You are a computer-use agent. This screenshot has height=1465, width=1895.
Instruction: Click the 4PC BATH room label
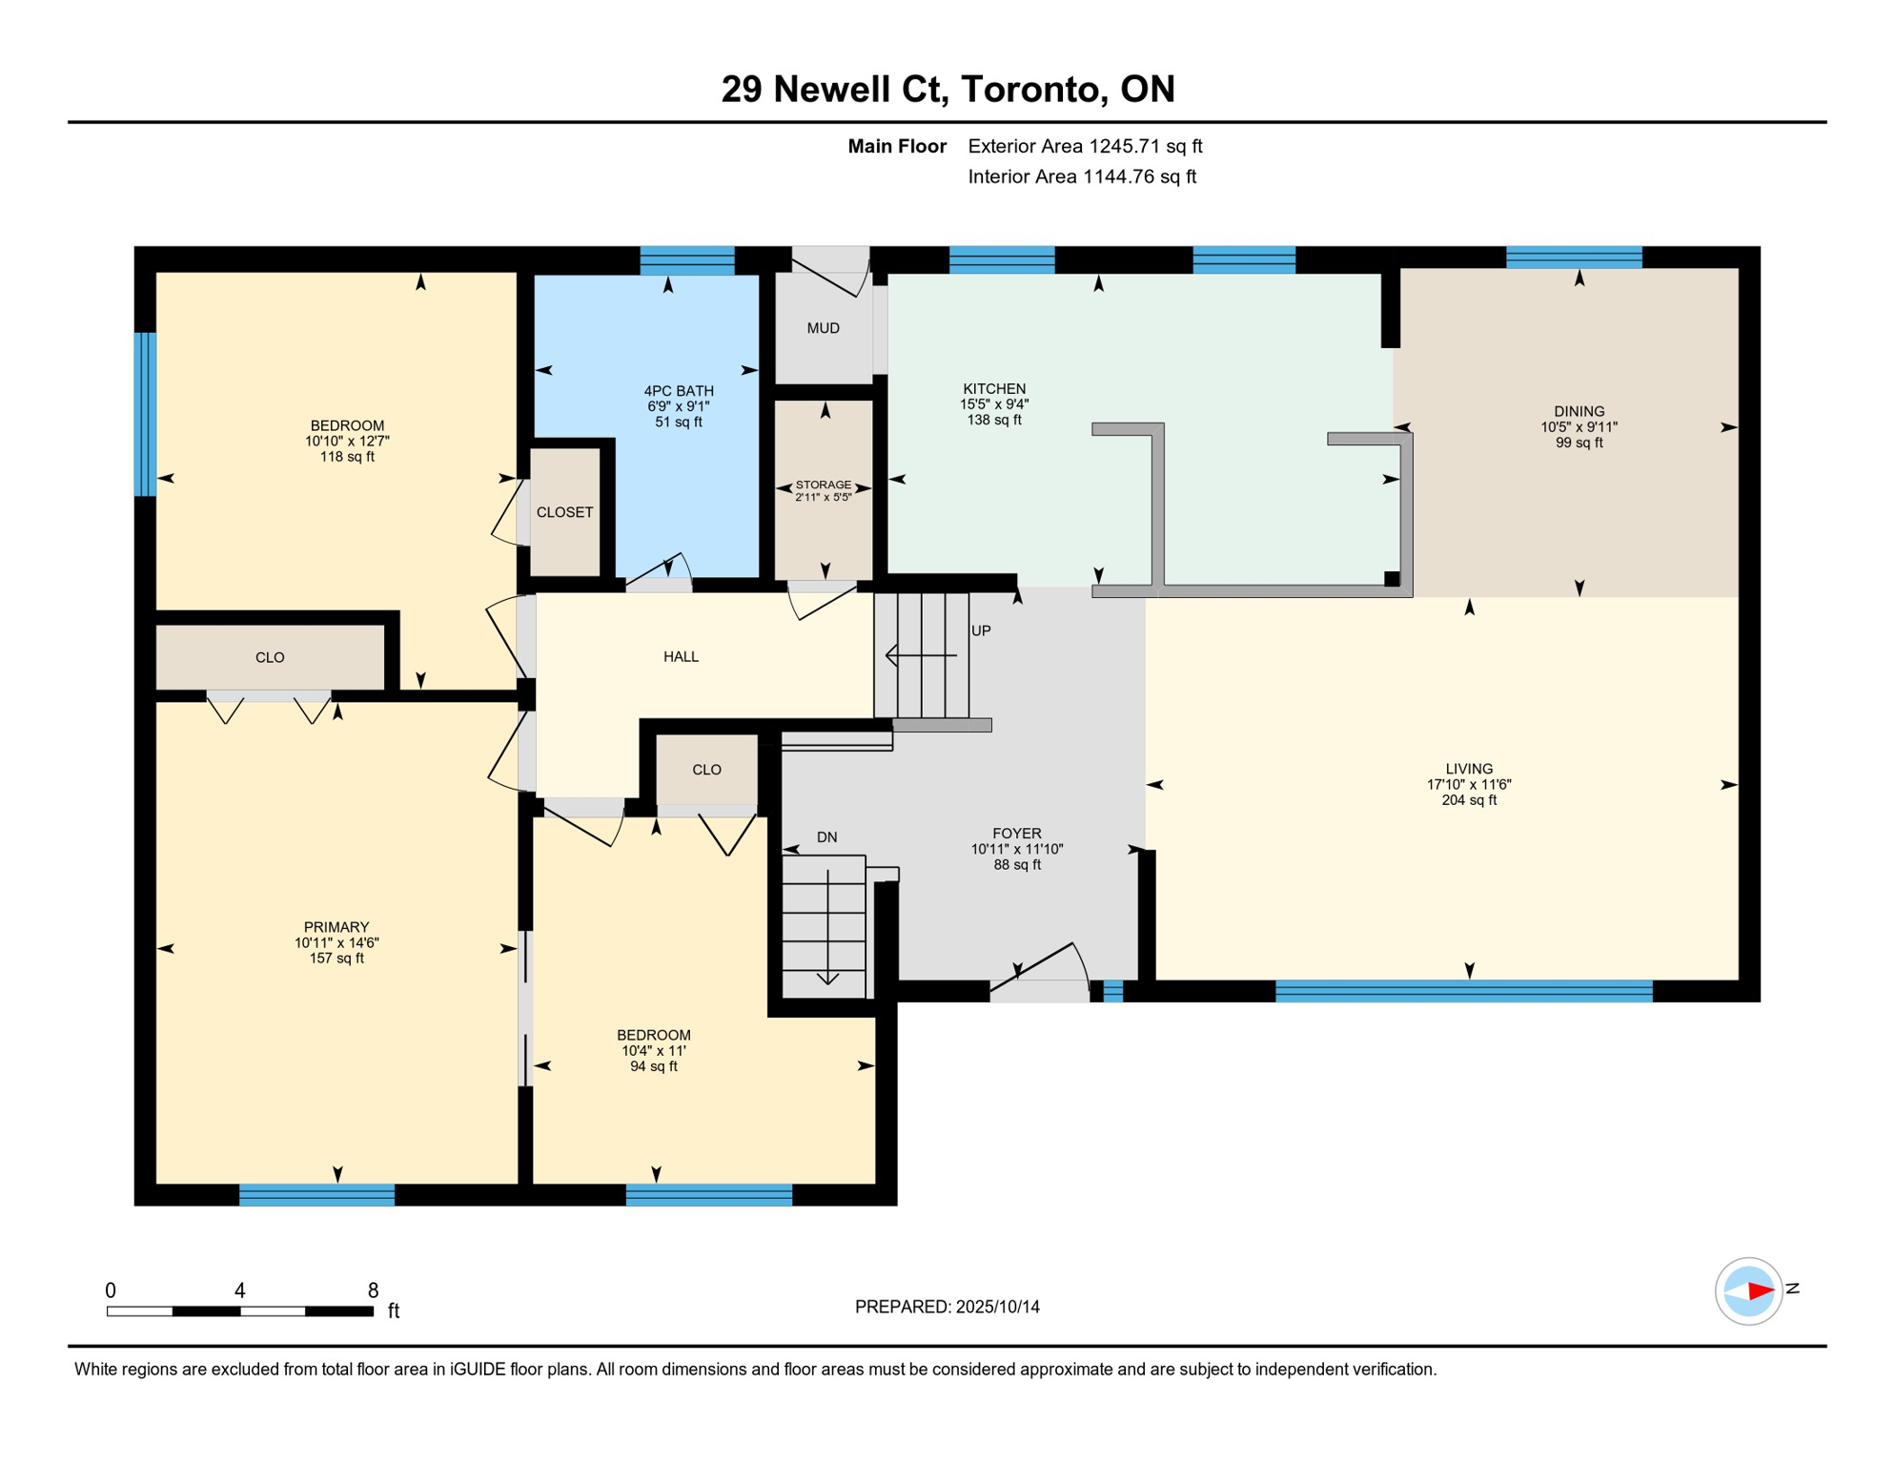coord(678,391)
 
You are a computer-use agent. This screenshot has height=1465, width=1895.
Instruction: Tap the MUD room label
coord(823,328)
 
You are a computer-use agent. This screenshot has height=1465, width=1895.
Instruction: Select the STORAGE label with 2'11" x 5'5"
coord(823,485)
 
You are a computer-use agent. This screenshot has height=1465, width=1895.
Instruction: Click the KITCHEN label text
coord(993,389)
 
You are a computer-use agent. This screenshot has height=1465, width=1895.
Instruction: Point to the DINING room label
coord(1579,412)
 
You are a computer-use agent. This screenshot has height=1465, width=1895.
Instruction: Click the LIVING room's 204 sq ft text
coord(1468,800)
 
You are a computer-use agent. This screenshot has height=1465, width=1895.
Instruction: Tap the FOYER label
coord(1016,834)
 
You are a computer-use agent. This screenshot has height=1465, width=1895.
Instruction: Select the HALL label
coord(681,656)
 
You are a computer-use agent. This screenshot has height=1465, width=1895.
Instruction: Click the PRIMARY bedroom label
coord(336,927)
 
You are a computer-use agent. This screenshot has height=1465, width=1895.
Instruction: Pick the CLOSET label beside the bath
coord(564,512)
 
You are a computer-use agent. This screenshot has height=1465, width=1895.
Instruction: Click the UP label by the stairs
coord(981,630)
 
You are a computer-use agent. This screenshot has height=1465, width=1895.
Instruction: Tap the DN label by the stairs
coord(826,837)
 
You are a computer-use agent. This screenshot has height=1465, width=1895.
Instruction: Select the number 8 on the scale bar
coord(373,1290)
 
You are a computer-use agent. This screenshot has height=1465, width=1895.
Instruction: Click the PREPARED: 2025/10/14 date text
coord(947,1307)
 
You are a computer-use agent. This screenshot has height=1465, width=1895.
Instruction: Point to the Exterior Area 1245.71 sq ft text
coord(1085,146)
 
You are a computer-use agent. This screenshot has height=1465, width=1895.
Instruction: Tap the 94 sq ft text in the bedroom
coord(653,1066)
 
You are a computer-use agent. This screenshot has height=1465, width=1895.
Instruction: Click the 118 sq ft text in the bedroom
coord(347,457)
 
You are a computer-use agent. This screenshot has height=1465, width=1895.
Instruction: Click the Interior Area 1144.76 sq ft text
coord(1081,176)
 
